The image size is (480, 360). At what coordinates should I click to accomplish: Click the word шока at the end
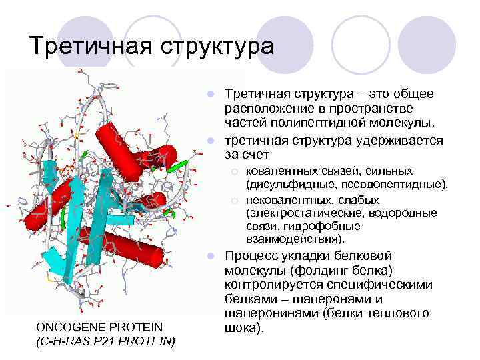[x=238, y=328]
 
